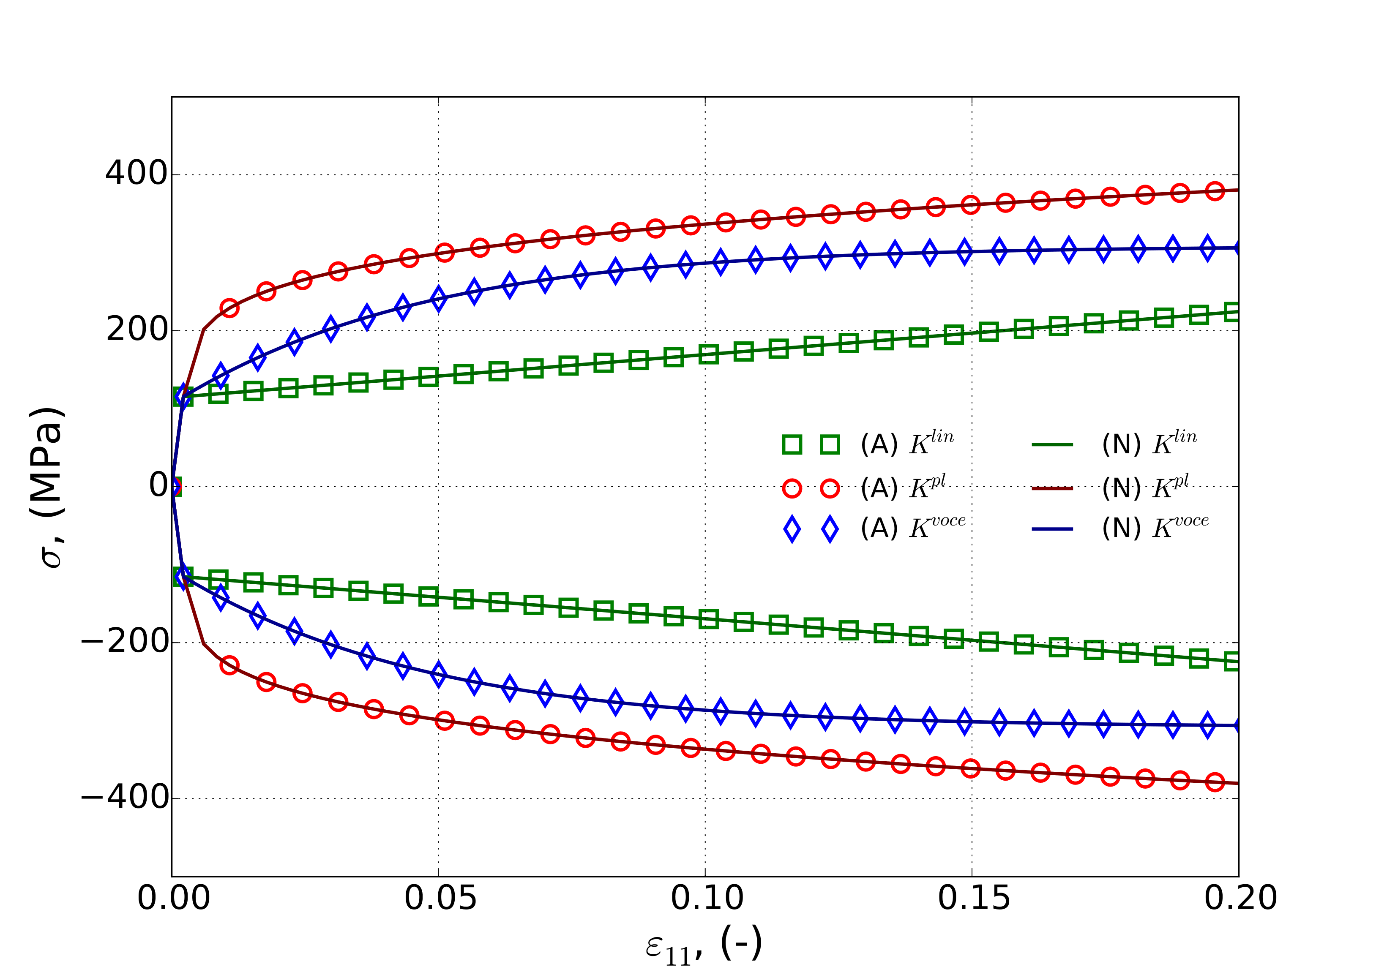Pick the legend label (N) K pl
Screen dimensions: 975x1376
(x=1145, y=487)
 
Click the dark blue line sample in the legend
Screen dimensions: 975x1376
(x=1052, y=529)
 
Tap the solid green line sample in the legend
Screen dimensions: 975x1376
(x=1052, y=444)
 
